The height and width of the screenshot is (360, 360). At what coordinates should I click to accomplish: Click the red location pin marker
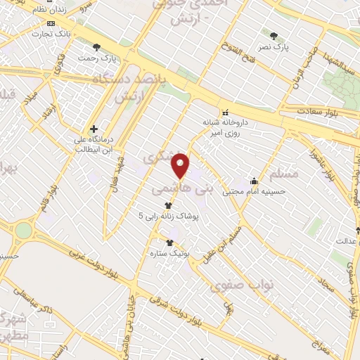(181, 165)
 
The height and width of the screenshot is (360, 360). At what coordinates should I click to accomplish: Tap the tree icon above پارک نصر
(274, 35)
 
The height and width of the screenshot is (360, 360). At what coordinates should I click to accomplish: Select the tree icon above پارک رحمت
(97, 47)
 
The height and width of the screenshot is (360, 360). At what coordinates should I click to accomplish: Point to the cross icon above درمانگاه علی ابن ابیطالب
(94, 129)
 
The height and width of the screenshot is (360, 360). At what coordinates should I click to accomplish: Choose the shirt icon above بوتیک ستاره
(169, 242)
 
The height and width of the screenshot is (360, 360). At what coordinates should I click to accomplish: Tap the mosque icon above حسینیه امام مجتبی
(253, 181)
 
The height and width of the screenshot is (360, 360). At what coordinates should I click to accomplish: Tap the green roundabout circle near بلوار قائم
(24, 231)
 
